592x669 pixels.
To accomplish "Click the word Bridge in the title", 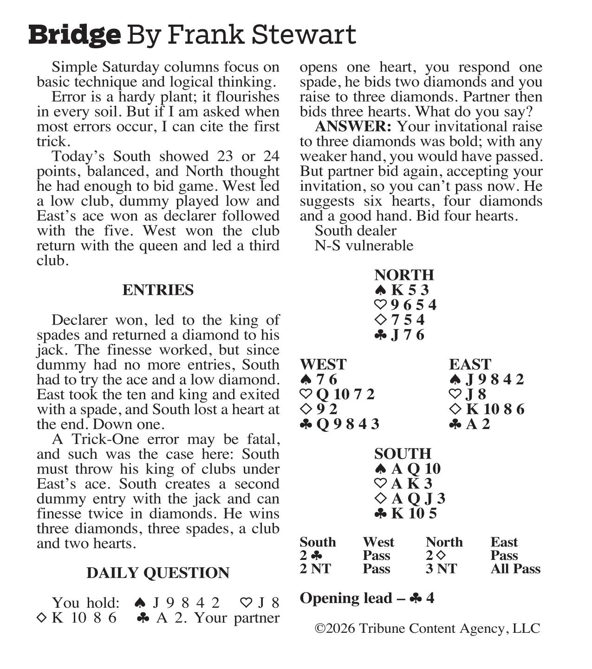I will pos(74,35).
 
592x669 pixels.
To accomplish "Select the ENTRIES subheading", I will pos(158,290).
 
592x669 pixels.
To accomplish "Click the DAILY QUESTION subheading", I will pos(158,573).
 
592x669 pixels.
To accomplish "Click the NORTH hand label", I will pos(404,275).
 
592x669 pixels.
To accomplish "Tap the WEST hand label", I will pos(323,364).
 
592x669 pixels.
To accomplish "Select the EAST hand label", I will pos(470,364).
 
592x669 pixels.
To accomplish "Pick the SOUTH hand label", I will pos(403,454).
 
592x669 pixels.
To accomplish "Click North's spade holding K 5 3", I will pos(402,290).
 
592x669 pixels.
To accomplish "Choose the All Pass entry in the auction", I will pos(515,569).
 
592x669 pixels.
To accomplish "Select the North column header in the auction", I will pos(444,542).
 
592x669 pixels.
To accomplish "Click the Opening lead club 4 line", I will pos(367,598).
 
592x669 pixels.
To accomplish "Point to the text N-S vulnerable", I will pos(364,246).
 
